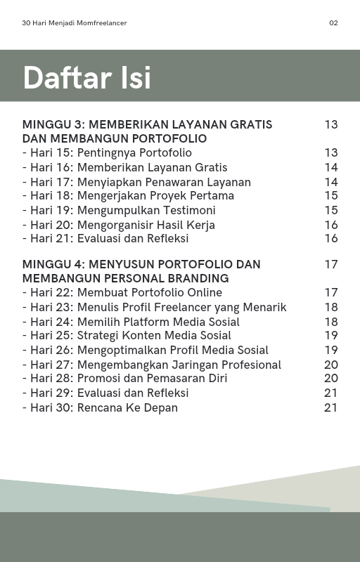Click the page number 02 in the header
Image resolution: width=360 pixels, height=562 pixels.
[333, 23]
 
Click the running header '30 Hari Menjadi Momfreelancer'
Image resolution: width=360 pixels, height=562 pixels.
[75, 23]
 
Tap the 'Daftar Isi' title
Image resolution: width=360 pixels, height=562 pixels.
[86, 77]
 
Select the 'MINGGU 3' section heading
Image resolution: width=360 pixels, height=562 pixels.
[147, 131]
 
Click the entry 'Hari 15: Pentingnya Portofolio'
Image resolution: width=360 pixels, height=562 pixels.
[107, 153]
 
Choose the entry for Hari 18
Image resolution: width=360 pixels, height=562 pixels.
[128, 196]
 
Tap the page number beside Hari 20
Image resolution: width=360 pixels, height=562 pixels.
[331, 225]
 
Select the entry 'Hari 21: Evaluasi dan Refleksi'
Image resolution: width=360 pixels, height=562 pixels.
[105, 239]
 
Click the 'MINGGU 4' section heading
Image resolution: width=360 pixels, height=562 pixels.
[141, 271]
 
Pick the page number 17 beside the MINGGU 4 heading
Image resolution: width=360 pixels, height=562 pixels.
[331, 265]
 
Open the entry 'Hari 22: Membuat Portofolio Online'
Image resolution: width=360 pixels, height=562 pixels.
[122, 293]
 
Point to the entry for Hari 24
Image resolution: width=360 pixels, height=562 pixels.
[131, 322]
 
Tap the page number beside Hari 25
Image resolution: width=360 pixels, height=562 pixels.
[331, 336]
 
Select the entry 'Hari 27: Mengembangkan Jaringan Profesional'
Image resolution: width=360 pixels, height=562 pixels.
[152, 365]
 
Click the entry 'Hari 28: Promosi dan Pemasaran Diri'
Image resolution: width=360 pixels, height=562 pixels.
[124, 379]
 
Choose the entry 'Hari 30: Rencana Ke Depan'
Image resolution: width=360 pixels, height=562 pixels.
[100, 407]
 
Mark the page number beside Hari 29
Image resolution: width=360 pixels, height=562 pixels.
[331, 393]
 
